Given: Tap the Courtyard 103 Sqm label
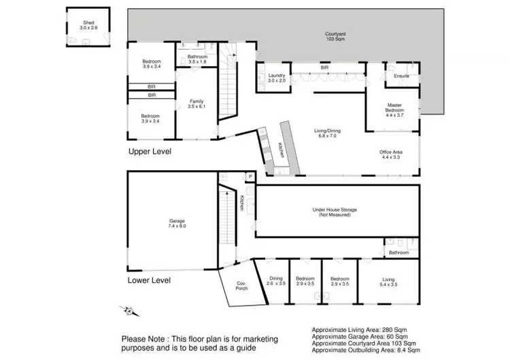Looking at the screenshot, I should coord(334,36).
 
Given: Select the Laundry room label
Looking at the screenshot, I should coord(276,78).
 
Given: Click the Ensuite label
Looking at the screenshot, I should coord(402,76).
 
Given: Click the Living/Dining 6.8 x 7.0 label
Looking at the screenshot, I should coord(324,133).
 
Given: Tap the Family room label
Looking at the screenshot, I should coord(196,103).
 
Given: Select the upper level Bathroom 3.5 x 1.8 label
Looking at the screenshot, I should coord(197,59).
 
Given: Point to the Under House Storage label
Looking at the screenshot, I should coord(334,212).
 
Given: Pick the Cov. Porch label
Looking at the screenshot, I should coord(241,286).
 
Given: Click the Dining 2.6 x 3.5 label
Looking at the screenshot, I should coord(275,280).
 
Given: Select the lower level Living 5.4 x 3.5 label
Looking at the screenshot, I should coord(388,280).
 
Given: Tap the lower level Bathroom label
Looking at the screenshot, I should coord(399,252).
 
